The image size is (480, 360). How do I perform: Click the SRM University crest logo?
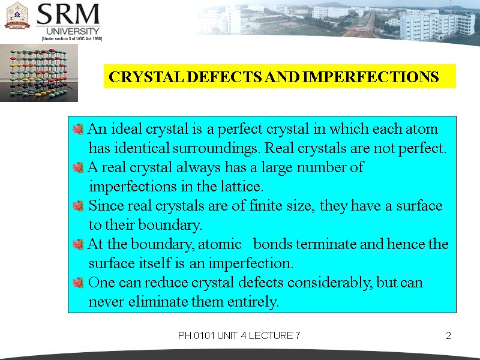pyautogui.click(x=17, y=16)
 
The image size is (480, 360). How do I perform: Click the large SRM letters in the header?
pyautogui.click(x=69, y=14)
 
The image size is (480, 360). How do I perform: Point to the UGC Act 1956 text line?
pyautogui.click(x=71, y=38)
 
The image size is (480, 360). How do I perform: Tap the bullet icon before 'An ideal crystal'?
pyautogui.click(x=77, y=129)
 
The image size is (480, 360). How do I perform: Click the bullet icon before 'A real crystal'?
pyautogui.click(x=77, y=167)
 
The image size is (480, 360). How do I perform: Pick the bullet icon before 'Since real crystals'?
pyautogui.click(x=77, y=206)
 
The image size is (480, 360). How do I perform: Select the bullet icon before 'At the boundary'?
pyautogui.click(x=77, y=245)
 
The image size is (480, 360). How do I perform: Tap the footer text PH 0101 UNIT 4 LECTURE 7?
pyautogui.click(x=239, y=336)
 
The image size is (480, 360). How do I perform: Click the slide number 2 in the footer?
pyautogui.click(x=448, y=336)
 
